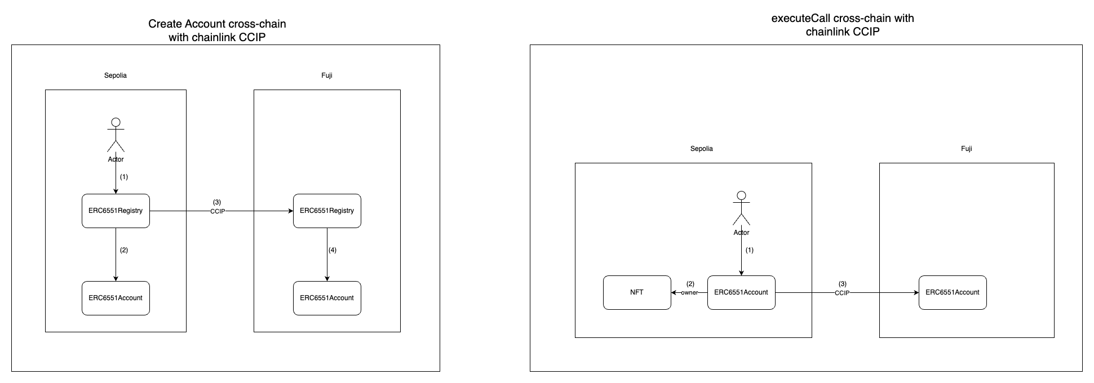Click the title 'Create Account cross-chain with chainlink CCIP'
(217, 31)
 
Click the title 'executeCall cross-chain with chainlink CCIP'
(843, 25)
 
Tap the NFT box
(637, 292)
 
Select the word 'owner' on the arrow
(689, 293)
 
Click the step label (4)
(333, 250)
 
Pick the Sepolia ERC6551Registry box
(116, 211)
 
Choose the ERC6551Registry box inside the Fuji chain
(327, 211)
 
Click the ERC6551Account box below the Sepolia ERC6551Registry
(116, 298)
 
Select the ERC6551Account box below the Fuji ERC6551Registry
(327, 298)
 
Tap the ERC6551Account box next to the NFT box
(741, 292)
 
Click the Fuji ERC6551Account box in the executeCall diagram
(953, 292)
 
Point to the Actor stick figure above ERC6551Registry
(116, 136)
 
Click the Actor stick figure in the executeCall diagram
(741, 209)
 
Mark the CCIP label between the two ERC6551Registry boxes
(218, 212)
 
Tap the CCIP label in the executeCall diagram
(842, 293)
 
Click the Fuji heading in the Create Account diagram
(327, 75)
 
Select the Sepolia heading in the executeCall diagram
(702, 149)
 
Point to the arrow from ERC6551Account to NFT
(676, 293)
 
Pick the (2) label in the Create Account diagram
(124, 250)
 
